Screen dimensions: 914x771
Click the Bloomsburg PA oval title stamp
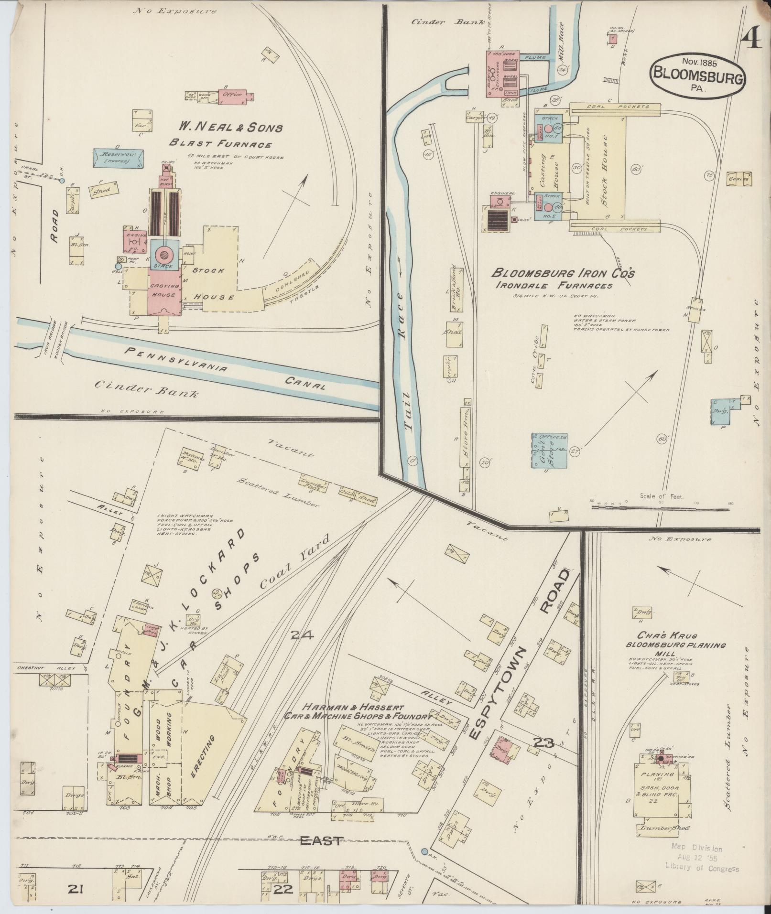coord(698,76)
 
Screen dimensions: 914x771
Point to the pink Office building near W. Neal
coord(233,95)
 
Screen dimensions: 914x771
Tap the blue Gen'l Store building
coord(549,450)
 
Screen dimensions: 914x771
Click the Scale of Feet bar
coord(662,507)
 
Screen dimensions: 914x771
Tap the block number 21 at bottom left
coord(76,888)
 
